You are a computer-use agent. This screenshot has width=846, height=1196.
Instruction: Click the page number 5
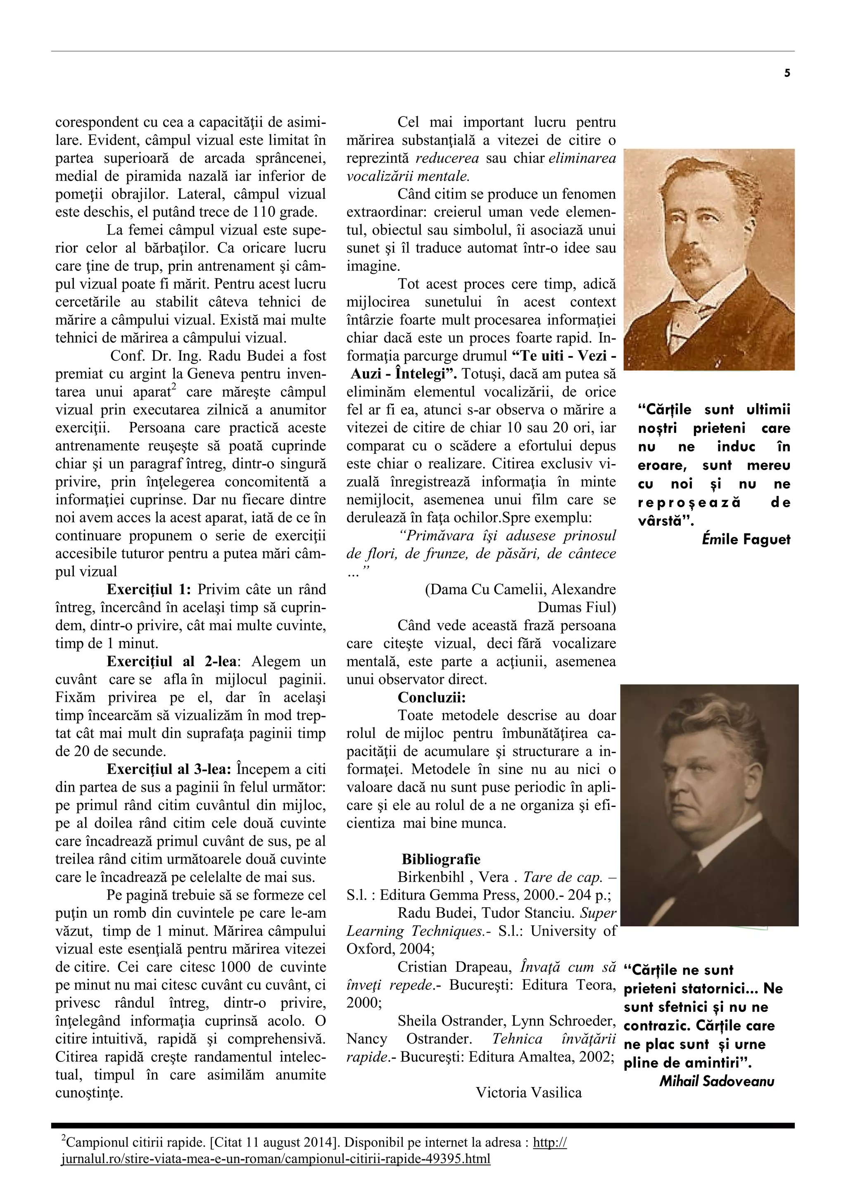coord(787,74)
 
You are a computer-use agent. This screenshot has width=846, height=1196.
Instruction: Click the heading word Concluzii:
coord(431,698)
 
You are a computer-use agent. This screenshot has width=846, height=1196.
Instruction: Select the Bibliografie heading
coord(441,859)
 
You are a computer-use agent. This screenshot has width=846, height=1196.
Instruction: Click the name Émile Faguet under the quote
coord(746,540)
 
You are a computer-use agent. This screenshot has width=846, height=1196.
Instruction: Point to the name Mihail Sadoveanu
coord(716,1082)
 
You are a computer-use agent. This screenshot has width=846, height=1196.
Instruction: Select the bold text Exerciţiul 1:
coord(149,590)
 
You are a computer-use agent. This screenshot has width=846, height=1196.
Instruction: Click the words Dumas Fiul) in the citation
coord(576,607)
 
